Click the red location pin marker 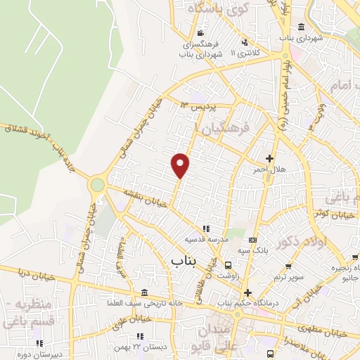pos(181,165)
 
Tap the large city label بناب pos(184,261)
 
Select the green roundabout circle pos(97,185)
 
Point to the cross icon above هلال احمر pos(269,158)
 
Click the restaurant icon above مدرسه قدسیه pos(206,229)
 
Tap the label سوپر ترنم pos(288,276)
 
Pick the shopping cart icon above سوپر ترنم pos(288,266)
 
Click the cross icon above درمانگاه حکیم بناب pos(247,292)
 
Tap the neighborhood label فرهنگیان pos(224,129)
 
